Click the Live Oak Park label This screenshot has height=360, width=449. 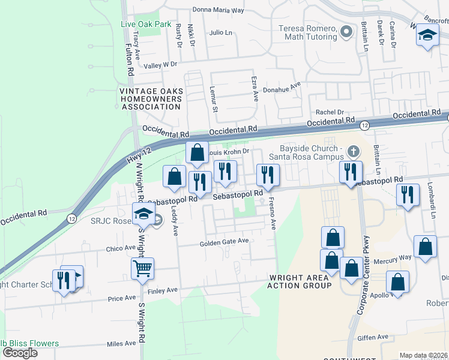(x=146, y=25)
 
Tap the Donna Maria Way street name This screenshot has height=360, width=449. (x=218, y=10)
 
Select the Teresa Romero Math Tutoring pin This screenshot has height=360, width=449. (x=346, y=32)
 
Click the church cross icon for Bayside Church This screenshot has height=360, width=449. (x=354, y=150)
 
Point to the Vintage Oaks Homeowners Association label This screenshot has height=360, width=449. (x=150, y=99)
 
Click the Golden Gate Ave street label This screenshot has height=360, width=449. (x=224, y=241)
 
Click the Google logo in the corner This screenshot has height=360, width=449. (x=20, y=353)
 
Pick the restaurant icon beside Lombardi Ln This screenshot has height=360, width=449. (x=408, y=194)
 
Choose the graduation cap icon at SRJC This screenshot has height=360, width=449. (x=144, y=214)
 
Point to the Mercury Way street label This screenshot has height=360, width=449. (x=393, y=257)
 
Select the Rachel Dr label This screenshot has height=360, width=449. (x=330, y=112)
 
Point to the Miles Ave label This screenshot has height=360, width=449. (x=121, y=344)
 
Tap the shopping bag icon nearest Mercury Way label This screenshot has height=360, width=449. (x=425, y=247)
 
